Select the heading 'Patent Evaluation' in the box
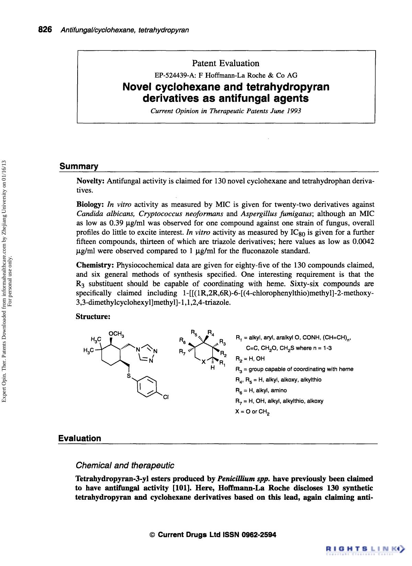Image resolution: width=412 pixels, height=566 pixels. [226, 63]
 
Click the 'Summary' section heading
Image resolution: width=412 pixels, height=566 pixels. [79, 166]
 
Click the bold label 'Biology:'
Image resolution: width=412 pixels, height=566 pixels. [90, 205]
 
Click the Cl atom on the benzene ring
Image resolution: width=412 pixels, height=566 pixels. [165, 398]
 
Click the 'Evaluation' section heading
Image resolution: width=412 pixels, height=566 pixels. [80, 438]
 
